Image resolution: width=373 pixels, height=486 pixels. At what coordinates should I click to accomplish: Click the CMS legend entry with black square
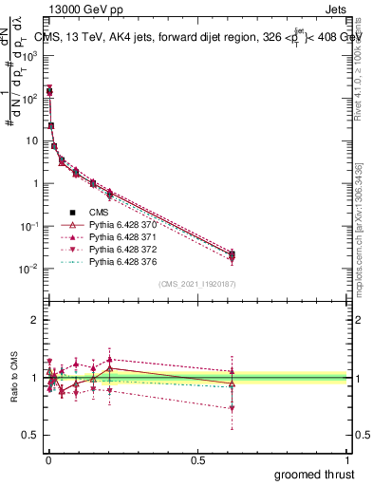[99, 211]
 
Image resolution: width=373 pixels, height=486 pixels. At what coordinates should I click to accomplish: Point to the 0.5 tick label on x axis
[197, 458]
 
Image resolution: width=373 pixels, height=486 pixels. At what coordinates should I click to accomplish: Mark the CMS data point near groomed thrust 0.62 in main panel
[233, 254]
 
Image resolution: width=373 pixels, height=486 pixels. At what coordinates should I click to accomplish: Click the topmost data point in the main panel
[48, 91]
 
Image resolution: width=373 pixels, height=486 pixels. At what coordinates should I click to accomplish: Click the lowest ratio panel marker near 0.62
[233, 408]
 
